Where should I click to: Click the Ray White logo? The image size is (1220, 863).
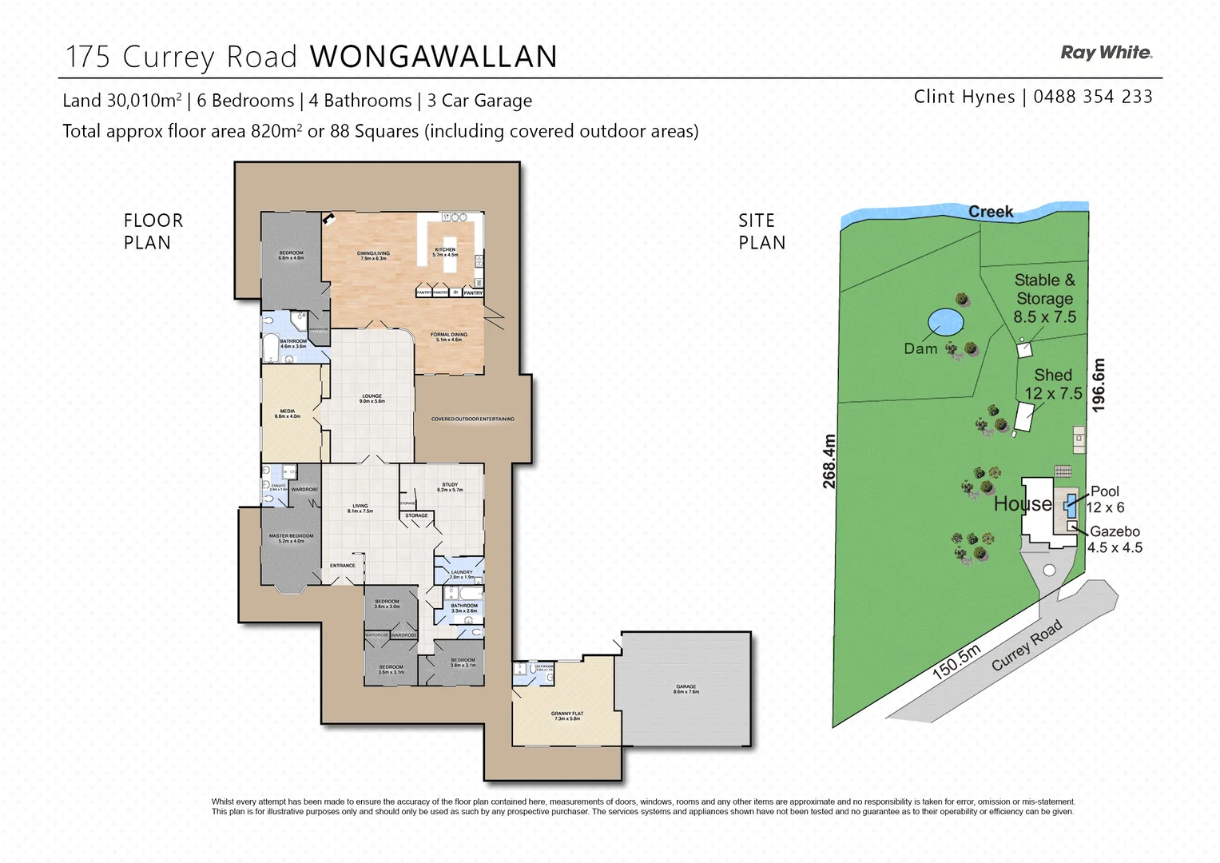pos(1106,53)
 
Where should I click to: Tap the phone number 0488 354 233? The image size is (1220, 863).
pos(1092,97)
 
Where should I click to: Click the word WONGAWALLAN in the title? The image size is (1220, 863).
pos(433,57)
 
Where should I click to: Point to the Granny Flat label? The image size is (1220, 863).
pos(566,716)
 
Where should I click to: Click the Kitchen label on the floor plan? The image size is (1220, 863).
pos(445,252)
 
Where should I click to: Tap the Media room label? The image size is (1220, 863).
pos(288,414)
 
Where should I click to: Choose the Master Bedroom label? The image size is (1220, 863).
pos(291,539)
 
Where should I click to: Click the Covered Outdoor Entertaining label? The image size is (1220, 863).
pos(472,419)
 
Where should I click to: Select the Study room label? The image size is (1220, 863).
pos(449,487)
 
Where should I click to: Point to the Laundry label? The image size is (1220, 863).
pos(461,574)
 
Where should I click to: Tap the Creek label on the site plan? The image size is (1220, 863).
pos(991,212)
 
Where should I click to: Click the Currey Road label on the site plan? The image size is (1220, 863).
pos(1027,645)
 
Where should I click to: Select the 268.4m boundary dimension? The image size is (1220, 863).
pos(829,461)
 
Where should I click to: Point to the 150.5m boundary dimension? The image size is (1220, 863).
pos(956,662)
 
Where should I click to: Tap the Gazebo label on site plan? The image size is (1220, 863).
pos(1115,531)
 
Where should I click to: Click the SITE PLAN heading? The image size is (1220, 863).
pos(761,232)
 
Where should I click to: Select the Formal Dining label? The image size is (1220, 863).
pos(448,337)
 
